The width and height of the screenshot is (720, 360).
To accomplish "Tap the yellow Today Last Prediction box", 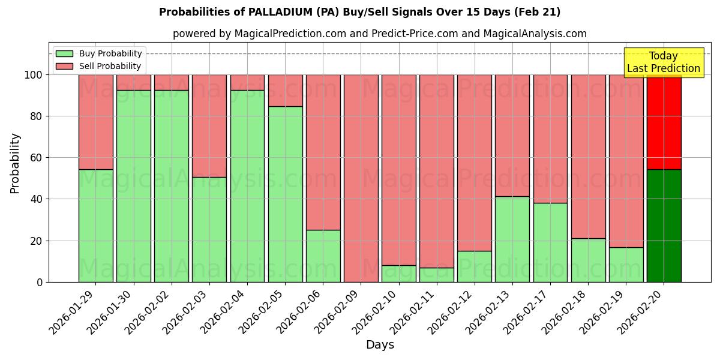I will (663, 62).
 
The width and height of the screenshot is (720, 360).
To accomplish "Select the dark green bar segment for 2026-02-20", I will (664, 226).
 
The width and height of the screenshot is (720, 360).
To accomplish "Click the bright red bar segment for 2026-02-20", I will (664, 122).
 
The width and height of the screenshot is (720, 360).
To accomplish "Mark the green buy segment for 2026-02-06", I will (323, 256).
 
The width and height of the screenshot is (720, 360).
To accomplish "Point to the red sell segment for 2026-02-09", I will (361, 178).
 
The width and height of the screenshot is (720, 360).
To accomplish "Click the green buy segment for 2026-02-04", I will (247, 186).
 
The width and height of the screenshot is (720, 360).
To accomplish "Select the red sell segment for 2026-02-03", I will (209, 126).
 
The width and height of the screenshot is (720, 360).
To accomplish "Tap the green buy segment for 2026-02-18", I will (588, 260).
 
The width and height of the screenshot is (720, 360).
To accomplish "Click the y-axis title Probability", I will (15, 163).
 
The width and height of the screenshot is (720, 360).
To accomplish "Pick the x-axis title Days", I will (380, 345).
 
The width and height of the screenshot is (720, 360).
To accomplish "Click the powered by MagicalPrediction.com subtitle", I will (379, 34).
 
